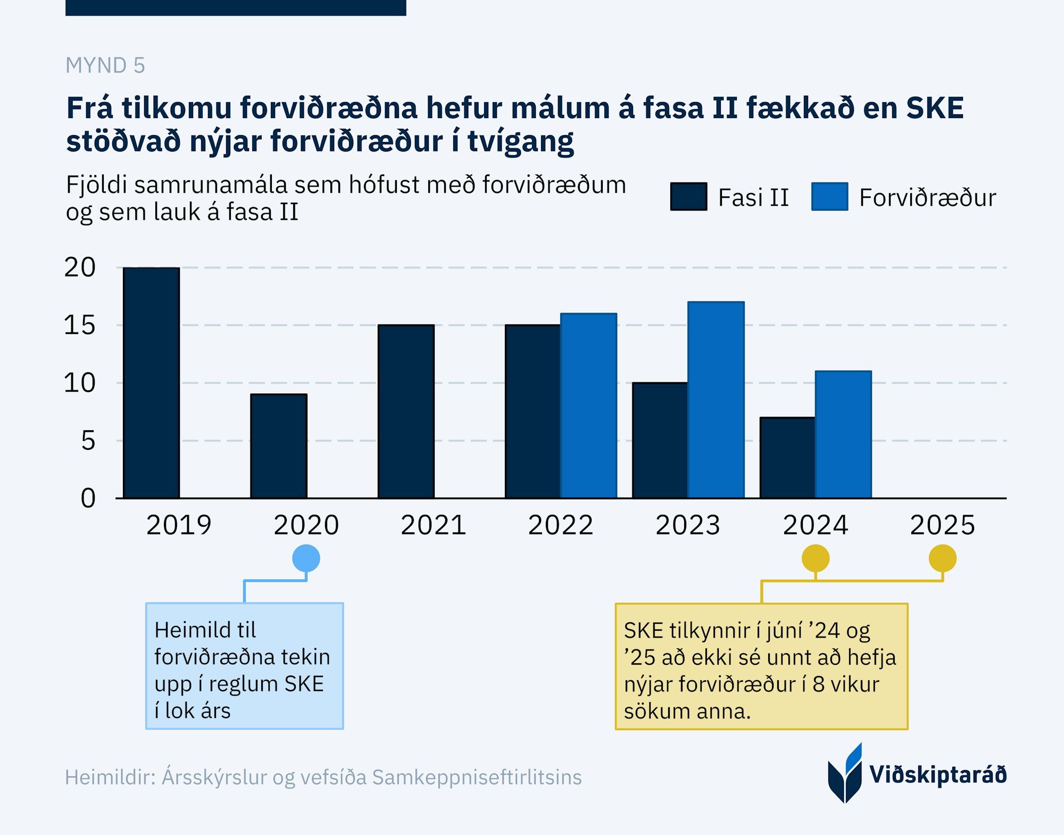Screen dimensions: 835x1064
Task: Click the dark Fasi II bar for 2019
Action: [151, 383]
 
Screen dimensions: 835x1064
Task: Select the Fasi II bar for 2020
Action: [279, 446]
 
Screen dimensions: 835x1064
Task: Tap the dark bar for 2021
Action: [406, 412]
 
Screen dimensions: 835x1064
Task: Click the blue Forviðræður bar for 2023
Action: [716, 400]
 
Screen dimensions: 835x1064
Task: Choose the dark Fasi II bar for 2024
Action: [787, 458]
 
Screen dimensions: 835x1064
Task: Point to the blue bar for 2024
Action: [843, 435]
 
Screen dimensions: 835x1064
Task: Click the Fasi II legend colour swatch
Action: [688, 197]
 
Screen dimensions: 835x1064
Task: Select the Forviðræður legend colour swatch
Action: [829, 197]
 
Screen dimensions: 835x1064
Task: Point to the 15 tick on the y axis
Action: [80, 325]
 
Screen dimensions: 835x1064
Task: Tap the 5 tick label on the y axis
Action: [88, 441]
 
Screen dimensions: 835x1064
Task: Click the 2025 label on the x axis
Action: [942, 525]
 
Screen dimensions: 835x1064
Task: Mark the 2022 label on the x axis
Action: [560, 525]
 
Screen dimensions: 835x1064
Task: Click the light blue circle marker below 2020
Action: [306, 558]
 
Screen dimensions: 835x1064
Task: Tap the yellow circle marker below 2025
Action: [942, 558]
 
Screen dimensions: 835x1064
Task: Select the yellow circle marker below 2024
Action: [815, 558]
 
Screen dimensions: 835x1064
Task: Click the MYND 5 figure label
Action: [105, 65]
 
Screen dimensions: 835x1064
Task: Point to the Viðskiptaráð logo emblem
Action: [845, 774]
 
